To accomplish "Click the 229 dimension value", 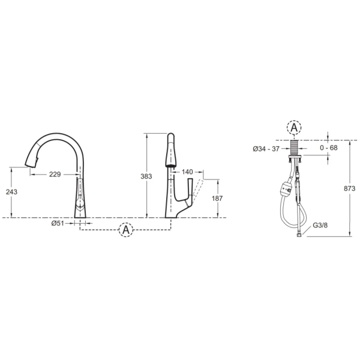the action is click(x=55, y=175).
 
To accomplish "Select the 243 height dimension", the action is click(x=11, y=192).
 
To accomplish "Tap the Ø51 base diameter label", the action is click(x=58, y=223).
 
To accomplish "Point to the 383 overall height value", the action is click(x=146, y=176).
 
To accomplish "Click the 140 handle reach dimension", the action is click(x=187, y=172).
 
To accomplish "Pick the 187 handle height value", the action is click(x=217, y=198).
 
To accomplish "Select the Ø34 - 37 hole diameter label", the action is click(x=266, y=149).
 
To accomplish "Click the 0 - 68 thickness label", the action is click(x=329, y=148).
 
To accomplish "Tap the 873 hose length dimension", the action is click(x=349, y=188).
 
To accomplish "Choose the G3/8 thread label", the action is click(x=320, y=225).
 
